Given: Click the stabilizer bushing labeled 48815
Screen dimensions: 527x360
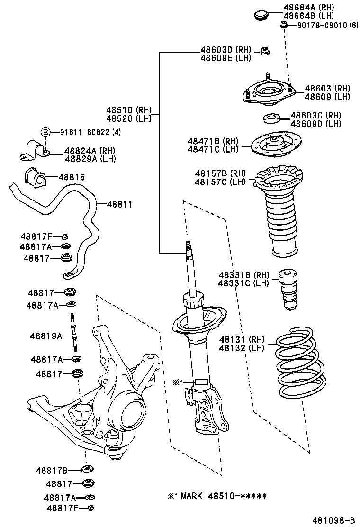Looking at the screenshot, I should pos(34,177).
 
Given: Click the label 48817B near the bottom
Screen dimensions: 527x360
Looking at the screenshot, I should pos(52,471).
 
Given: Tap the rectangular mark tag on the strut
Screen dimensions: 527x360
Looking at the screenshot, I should pos(201,382).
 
